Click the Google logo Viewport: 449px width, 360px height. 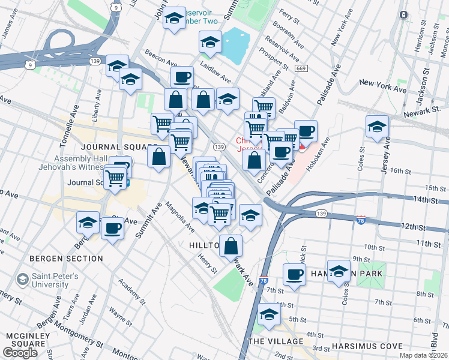20,352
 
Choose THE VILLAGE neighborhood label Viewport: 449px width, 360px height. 276,341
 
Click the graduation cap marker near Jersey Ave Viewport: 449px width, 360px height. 377,127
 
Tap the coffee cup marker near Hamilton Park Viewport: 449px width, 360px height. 294,274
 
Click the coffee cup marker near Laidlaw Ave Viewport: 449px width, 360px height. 182,77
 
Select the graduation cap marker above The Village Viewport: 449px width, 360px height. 269,314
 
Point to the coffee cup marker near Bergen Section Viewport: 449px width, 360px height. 112,228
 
